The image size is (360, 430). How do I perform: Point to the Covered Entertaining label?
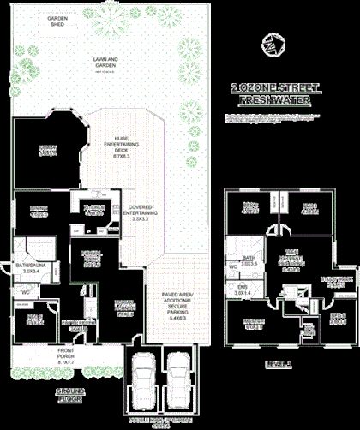click(x=140, y=212)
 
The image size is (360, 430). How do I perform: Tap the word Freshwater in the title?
click(x=274, y=99)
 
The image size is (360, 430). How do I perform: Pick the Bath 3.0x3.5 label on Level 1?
click(x=249, y=262)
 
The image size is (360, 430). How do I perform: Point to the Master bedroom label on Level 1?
click(x=253, y=325)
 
